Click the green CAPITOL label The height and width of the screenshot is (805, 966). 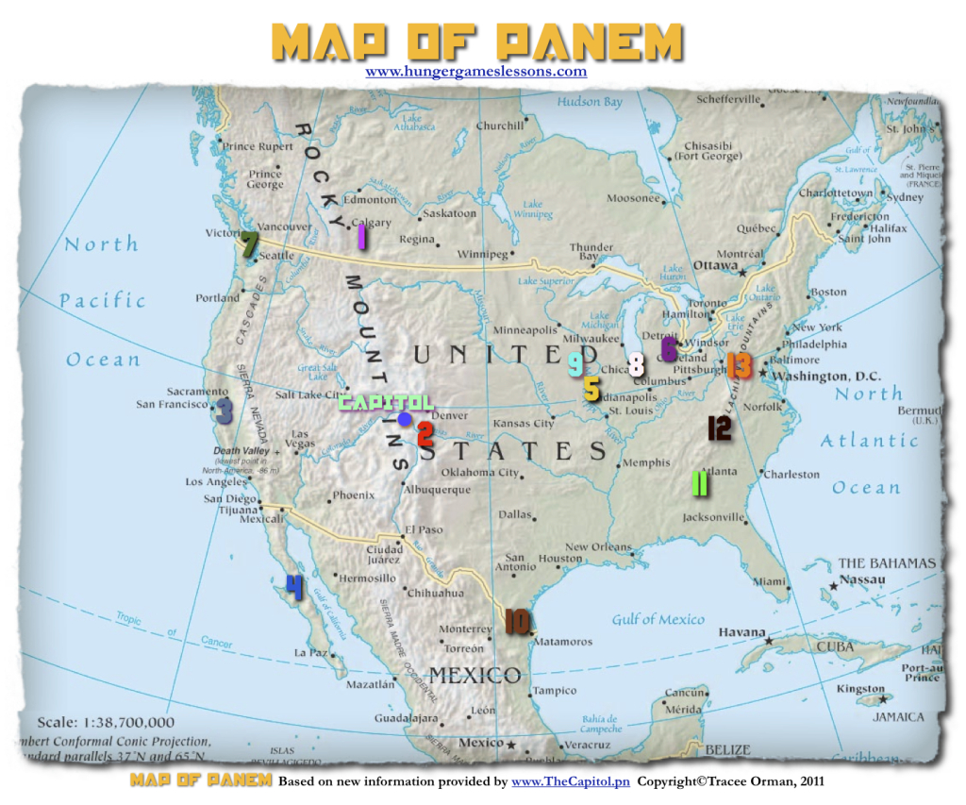point(385,402)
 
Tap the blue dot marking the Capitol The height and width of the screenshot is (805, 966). point(405,419)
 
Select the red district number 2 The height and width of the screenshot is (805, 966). point(425,434)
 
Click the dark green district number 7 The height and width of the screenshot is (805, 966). point(248,245)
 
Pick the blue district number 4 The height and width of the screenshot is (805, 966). point(294,588)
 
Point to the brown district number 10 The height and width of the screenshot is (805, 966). point(517,621)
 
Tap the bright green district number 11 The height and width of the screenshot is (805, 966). point(699,483)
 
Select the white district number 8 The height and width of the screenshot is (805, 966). point(636,365)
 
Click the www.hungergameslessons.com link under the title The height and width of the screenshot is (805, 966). point(475,71)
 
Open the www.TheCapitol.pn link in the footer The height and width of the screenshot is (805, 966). point(570,781)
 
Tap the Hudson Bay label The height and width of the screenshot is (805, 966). point(589,101)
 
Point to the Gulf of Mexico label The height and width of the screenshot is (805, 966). point(658,619)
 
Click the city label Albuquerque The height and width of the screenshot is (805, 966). point(437,490)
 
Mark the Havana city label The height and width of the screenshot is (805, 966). point(741,631)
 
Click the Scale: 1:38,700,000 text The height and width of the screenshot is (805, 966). point(105,722)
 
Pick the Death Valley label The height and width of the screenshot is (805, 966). point(241,451)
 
